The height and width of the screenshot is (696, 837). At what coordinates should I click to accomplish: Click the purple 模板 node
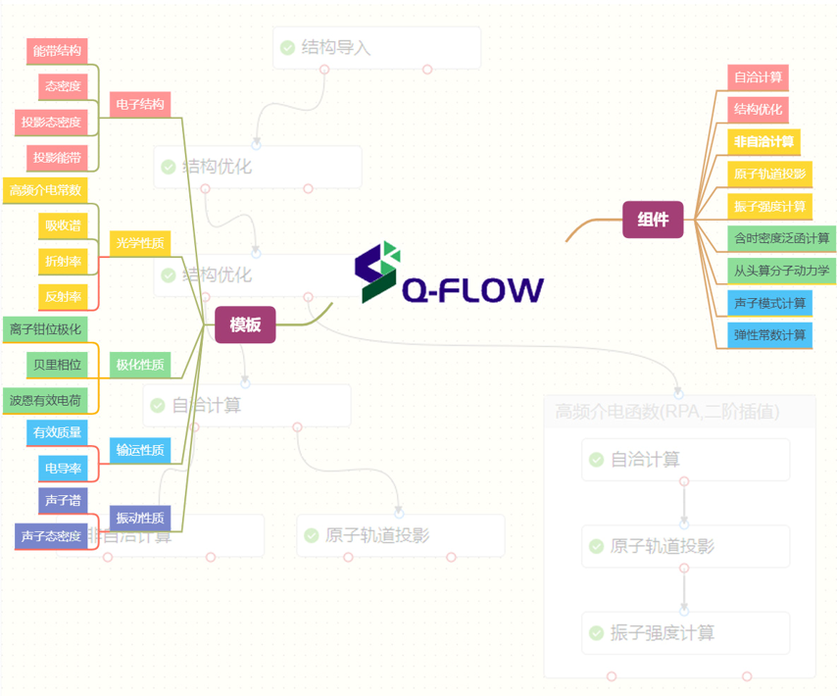245,324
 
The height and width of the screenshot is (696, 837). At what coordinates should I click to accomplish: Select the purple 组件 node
653,220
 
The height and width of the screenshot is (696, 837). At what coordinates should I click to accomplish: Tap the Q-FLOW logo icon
377,272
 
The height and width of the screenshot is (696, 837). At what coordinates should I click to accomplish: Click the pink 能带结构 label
57,51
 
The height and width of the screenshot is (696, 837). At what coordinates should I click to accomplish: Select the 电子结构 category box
140,104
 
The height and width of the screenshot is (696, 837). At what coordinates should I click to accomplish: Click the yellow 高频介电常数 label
45,190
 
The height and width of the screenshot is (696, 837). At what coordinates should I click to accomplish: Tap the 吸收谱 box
63,225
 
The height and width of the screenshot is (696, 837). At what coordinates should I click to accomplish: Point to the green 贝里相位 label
57,365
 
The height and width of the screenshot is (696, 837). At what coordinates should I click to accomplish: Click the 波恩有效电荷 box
45,400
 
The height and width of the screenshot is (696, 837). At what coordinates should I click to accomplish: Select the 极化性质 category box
140,365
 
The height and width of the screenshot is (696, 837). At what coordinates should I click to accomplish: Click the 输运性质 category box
140,450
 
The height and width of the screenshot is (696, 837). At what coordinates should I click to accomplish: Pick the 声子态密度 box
51,536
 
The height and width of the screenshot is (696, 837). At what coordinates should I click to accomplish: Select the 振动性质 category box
140,518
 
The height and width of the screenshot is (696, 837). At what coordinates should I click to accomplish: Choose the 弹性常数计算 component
770,334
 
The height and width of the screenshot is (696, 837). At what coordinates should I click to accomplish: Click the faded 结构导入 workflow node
376,47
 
